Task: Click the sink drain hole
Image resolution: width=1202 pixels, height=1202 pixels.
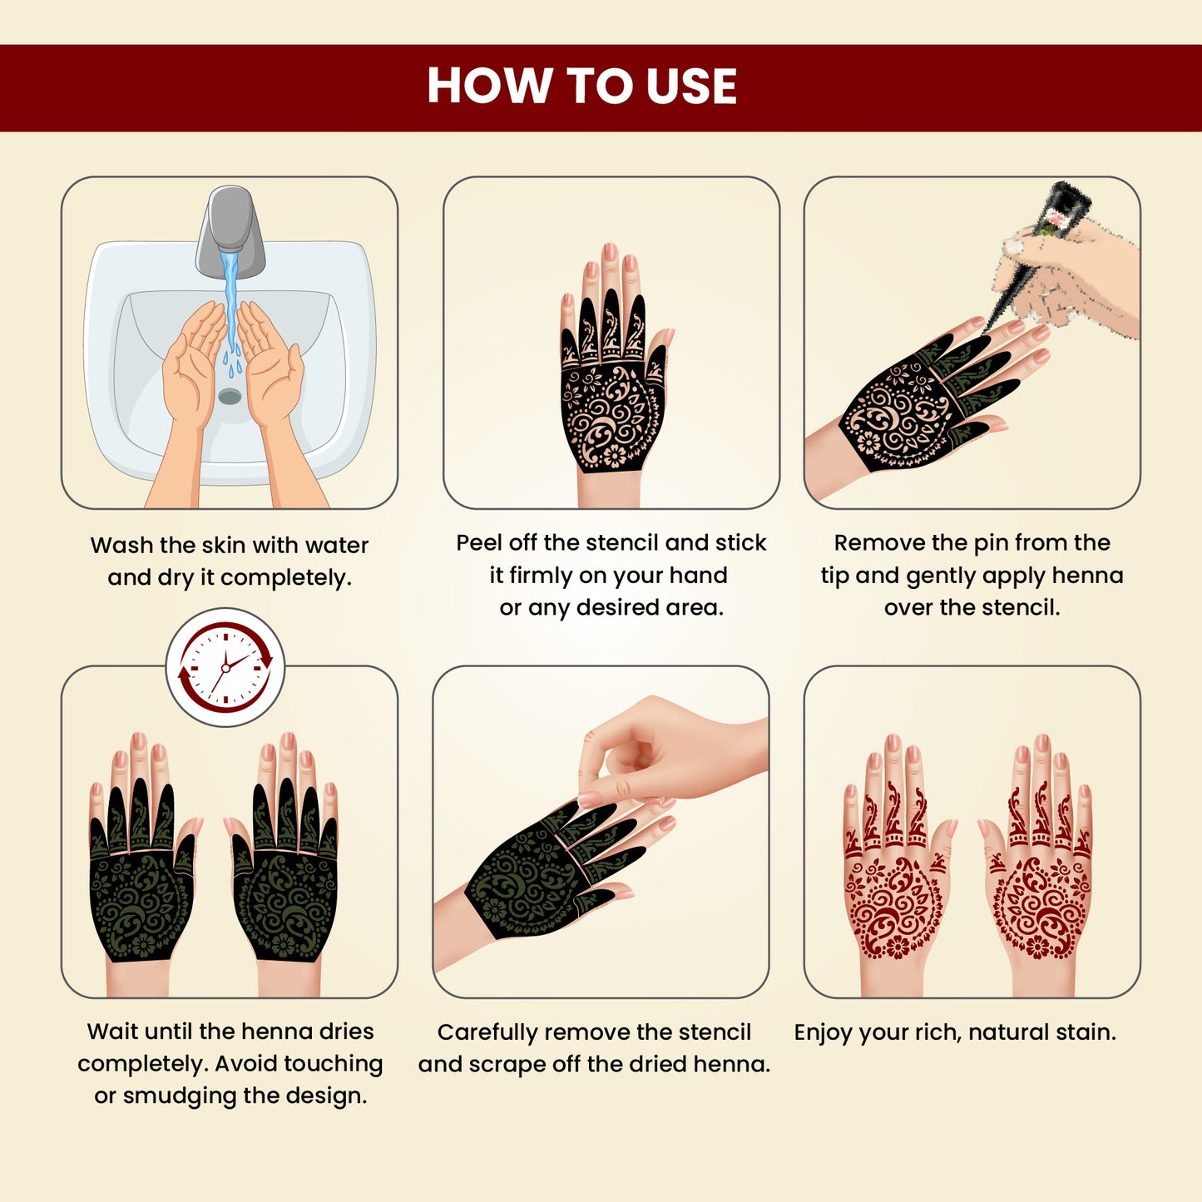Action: coord(230,396)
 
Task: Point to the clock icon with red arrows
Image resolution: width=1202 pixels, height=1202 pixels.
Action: coord(225,667)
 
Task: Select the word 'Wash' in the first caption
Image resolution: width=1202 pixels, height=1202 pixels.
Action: coord(121,546)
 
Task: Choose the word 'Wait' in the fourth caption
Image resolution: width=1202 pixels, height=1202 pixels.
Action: coord(112,1031)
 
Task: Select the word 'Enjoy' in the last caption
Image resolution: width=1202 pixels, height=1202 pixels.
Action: coord(824,1032)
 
